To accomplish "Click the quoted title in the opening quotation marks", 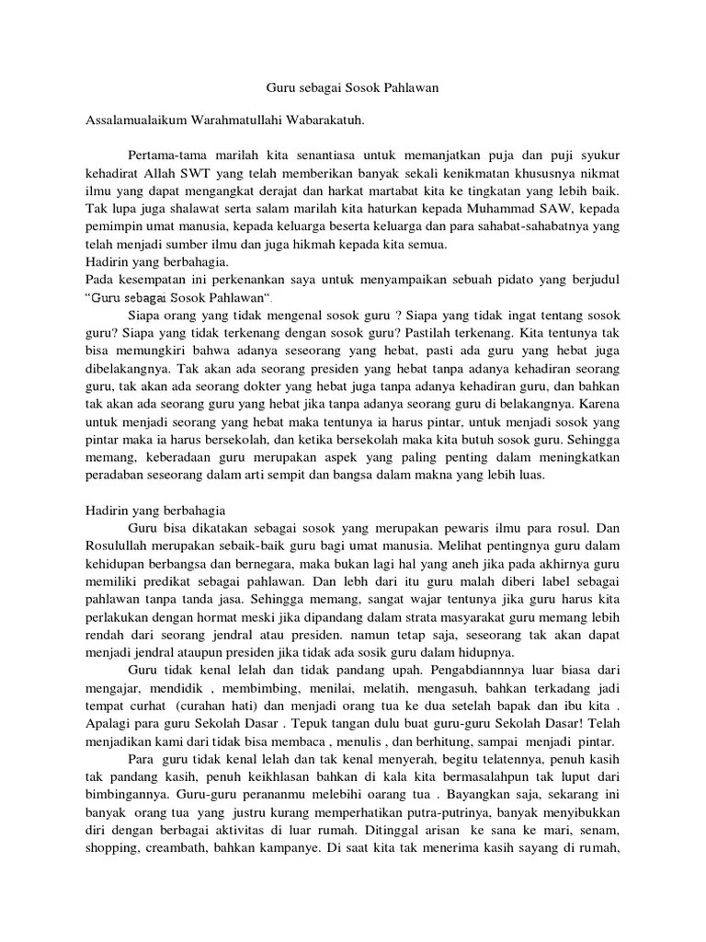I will [x=182, y=298].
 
